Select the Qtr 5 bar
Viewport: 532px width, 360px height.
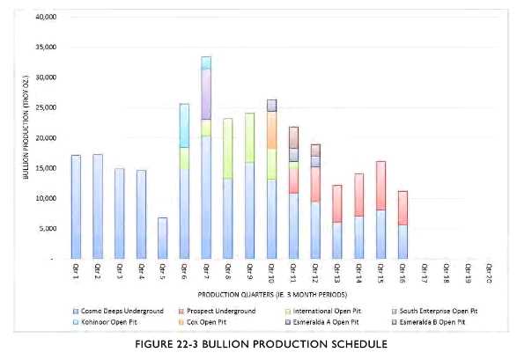(x=162, y=238)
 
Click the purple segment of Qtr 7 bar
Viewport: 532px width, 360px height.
(x=206, y=93)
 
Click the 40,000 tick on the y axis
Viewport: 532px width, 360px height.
(x=44, y=17)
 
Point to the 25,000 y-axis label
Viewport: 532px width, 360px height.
(x=44, y=107)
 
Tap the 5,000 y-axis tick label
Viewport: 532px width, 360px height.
(x=46, y=229)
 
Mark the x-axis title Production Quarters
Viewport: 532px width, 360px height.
(x=272, y=293)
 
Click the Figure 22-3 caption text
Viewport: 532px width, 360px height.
(x=265, y=346)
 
